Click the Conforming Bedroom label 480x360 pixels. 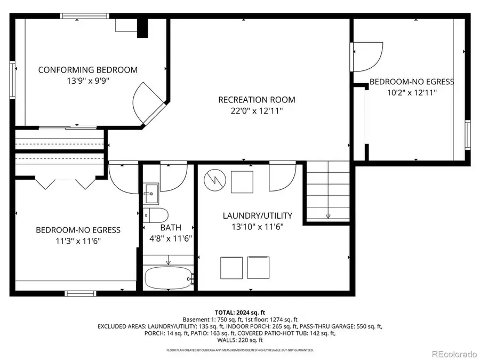(x=87, y=70)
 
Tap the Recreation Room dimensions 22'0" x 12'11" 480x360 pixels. (x=257, y=111)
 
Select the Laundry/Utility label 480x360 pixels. (x=257, y=216)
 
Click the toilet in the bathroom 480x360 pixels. (x=156, y=216)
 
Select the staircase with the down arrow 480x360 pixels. (x=326, y=191)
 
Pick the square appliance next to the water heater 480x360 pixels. (x=242, y=181)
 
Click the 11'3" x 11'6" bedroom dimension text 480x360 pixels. (x=78, y=241)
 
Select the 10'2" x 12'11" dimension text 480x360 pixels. (x=412, y=93)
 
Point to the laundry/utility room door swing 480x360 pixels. (x=281, y=177)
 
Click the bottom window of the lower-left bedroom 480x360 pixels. (x=80, y=293)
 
